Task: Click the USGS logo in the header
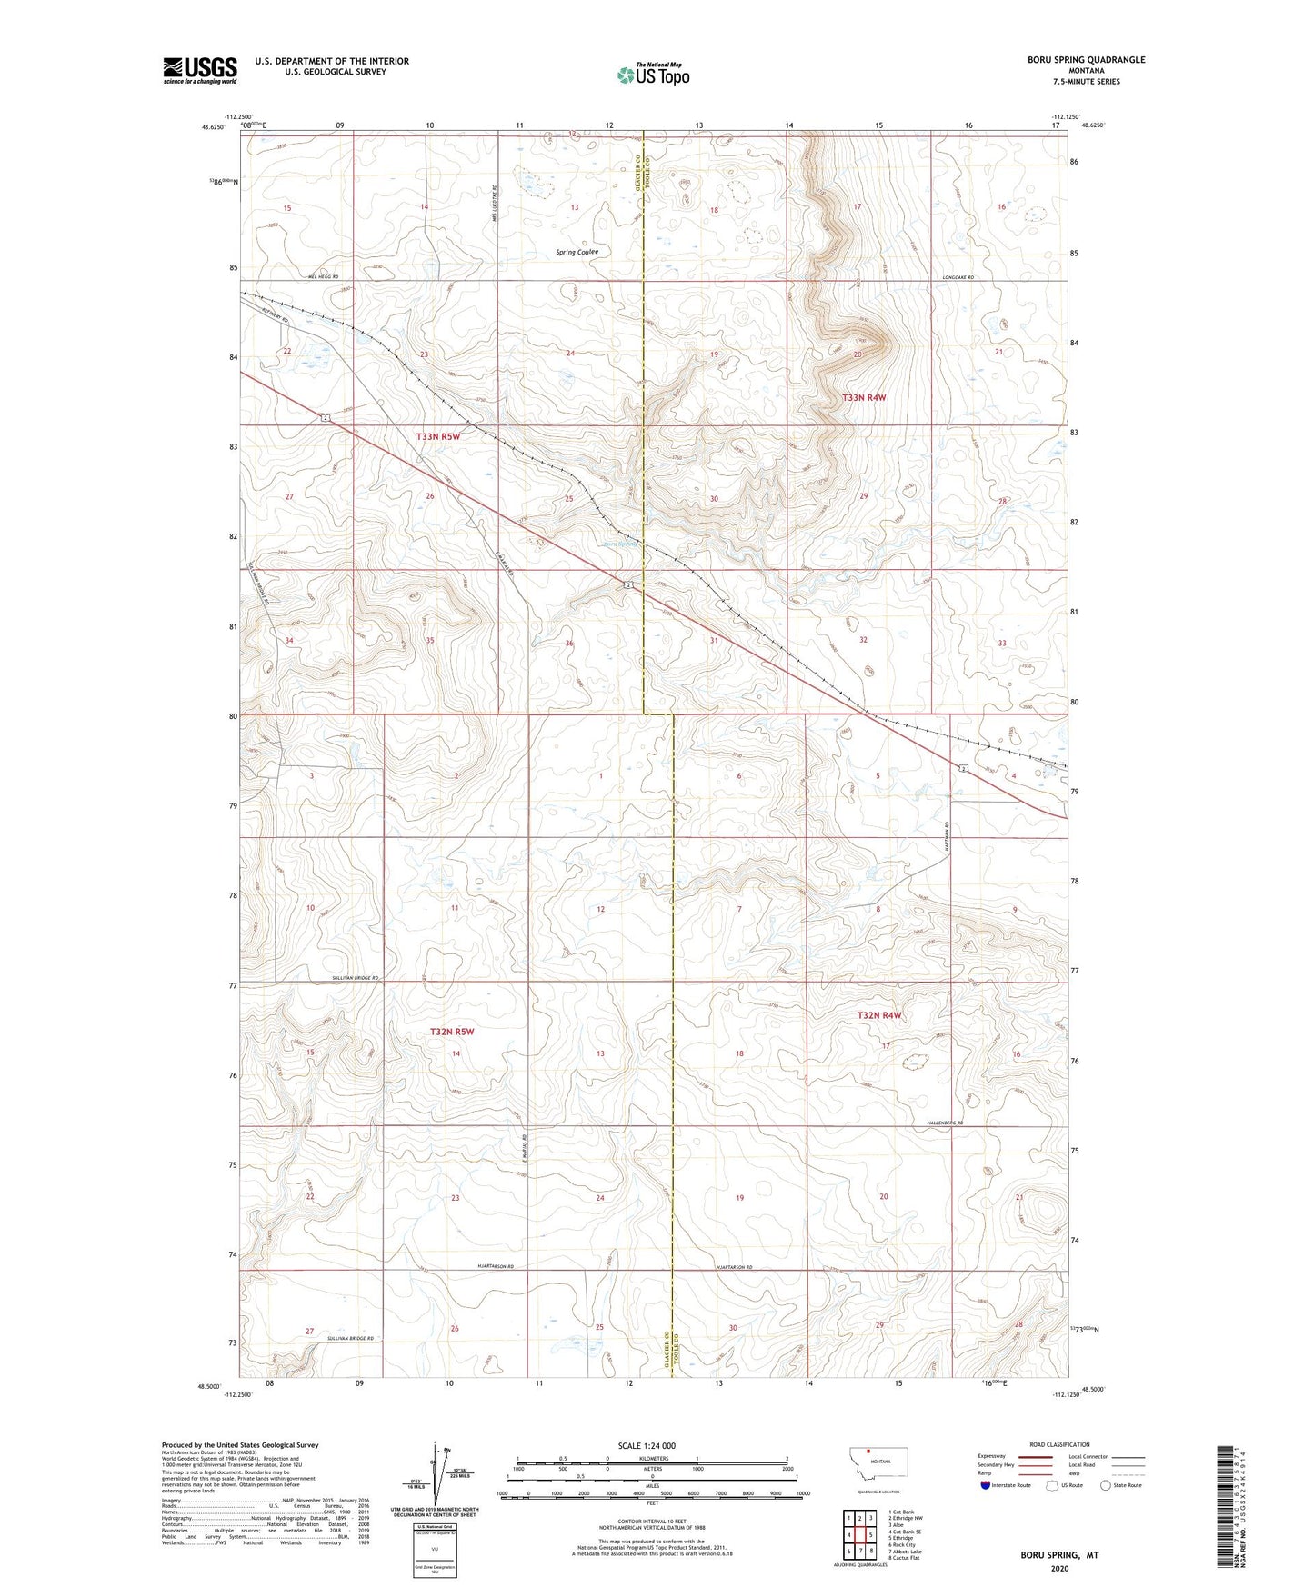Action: tap(200, 70)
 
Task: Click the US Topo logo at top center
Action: tap(652, 75)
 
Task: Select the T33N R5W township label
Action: tap(438, 437)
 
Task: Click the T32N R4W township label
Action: tap(879, 1015)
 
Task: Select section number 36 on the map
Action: tap(569, 644)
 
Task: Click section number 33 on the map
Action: tap(1002, 643)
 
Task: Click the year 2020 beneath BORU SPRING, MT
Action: tap(1059, 1568)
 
